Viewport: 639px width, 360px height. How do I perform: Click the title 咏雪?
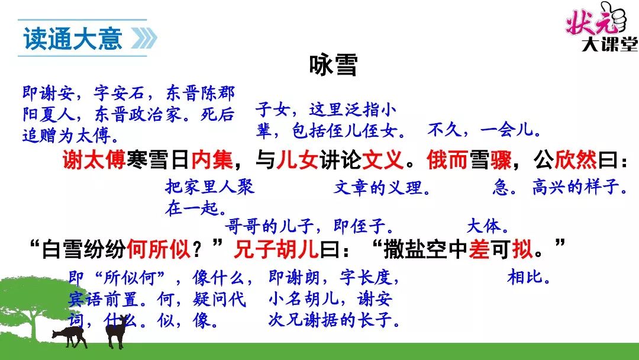[x=333, y=65]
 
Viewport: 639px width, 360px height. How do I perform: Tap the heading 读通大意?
[x=73, y=38]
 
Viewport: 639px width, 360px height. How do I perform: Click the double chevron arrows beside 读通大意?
[x=144, y=38]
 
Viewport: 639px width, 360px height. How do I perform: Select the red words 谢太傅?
[x=94, y=159]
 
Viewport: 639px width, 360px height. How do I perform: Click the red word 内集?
[x=212, y=159]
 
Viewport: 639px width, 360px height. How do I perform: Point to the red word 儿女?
[x=297, y=159]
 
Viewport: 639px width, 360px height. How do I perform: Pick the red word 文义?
[x=383, y=159]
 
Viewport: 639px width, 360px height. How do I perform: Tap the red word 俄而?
[x=447, y=159]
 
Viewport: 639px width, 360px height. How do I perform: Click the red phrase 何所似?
[x=159, y=248]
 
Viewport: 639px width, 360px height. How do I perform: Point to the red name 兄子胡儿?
[x=276, y=248]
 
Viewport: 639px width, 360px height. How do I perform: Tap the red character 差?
[x=479, y=248]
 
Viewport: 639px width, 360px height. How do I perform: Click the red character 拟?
[x=522, y=248]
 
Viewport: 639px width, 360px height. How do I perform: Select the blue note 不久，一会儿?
[x=484, y=130]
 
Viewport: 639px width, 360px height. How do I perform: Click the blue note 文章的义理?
[x=382, y=188]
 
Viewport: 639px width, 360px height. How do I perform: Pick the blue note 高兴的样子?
[x=579, y=187]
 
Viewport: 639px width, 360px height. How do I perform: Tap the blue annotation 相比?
[x=528, y=277]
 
